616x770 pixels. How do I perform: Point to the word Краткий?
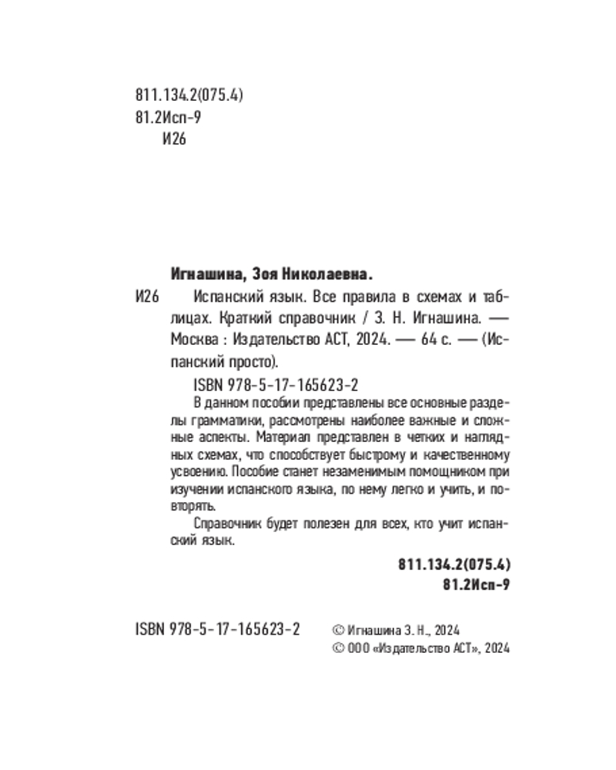tap(243, 317)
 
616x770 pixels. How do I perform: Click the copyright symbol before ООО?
tap(335, 648)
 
